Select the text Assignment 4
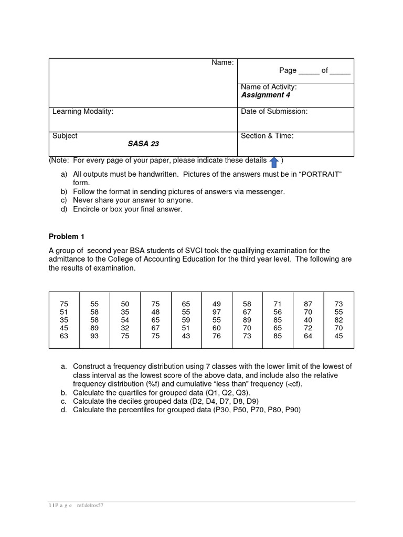click(x=265, y=95)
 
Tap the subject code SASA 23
click(x=143, y=144)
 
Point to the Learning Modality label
click(x=82, y=111)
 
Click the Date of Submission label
click(x=274, y=111)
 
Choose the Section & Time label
click(x=267, y=136)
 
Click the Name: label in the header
click(x=222, y=62)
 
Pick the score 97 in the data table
click(x=217, y=312)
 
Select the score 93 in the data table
click(x=94, y=336)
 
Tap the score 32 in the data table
click(x=125, y=328)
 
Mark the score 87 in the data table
click(x=308, y=304)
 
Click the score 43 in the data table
click(x=186, y=336)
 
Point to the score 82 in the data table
click(x=338, y=320)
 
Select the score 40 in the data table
click(x=308, y=320)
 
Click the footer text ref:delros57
click(x=93, y=506)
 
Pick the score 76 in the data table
click(x=217, y=336)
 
